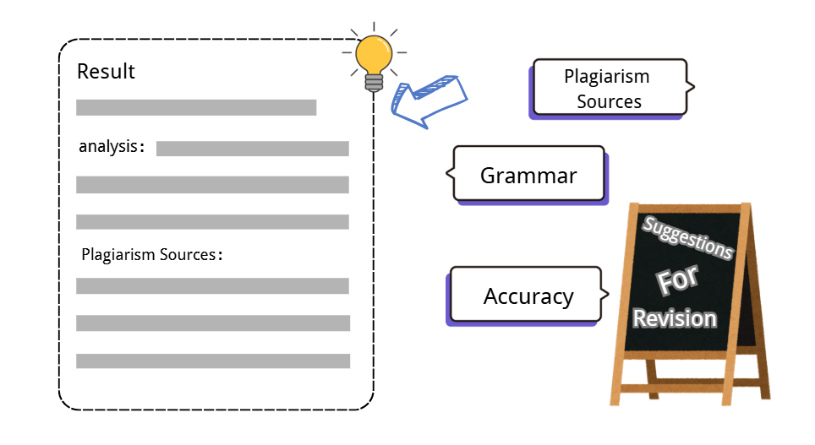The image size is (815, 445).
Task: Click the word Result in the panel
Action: point(106,72)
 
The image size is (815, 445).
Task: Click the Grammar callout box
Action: point(528,176)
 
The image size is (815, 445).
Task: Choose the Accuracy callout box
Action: point(528,296)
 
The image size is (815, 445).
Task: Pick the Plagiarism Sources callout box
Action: point(607,89)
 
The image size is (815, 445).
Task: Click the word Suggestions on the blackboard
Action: point(687,238)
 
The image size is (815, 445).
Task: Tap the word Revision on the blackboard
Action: point(675,319)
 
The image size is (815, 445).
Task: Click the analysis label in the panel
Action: point(108,147)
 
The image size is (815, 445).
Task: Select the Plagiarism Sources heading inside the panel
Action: point(149,254)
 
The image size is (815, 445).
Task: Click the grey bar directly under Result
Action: point(196,107)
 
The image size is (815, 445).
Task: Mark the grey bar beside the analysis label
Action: point(252,149)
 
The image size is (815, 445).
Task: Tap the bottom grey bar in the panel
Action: point(212,361)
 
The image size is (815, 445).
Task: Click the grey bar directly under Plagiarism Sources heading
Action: point(212,286)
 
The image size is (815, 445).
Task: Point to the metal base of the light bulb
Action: point(373,82)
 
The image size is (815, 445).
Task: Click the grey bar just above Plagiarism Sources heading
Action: point(212,222)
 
